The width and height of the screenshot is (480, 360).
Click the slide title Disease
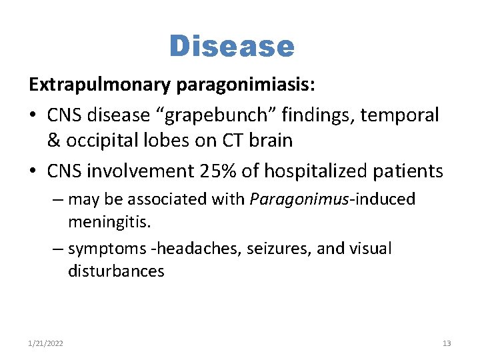[231, 47]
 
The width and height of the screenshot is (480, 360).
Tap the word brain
[271, 141]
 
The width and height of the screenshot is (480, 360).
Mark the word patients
[411, 171]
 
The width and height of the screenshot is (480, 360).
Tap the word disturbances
[116, 271]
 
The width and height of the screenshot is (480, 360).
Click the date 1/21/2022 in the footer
[46, 343]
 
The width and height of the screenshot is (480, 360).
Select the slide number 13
[447, 343]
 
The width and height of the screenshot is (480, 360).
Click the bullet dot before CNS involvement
[33, 172]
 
